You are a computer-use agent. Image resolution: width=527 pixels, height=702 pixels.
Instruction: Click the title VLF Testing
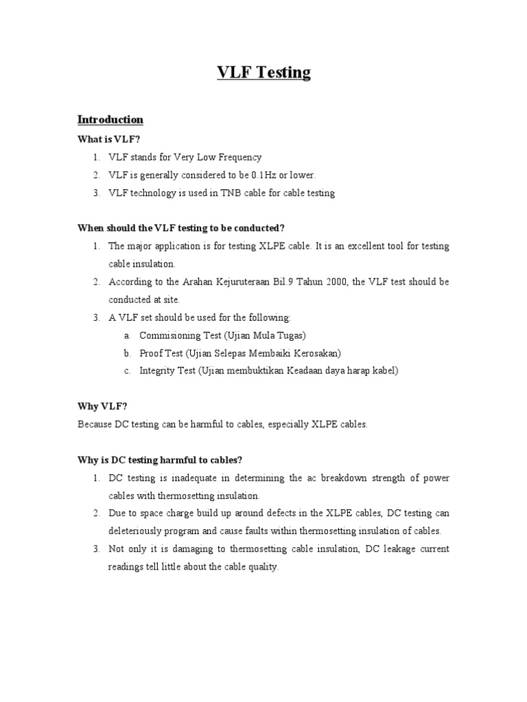pyautogui.click(x=263, y=73)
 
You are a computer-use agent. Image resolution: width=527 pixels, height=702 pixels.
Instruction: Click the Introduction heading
pyautogui.click(x=110, y=119)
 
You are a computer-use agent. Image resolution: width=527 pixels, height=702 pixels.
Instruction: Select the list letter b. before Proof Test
pyautogui.click(x=127, y=353)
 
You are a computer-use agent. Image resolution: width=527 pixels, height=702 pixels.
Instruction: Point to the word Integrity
pyautogui.click(x=156, y=371)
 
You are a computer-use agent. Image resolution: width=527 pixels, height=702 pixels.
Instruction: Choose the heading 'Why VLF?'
pyautogui.click(x=103, y=407)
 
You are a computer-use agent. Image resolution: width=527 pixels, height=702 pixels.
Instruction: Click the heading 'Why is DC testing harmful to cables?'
pyautogui.click(x=160, y=459)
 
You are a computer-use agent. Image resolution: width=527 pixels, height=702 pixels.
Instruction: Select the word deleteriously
pyautogui.click(x=134, y=531)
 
